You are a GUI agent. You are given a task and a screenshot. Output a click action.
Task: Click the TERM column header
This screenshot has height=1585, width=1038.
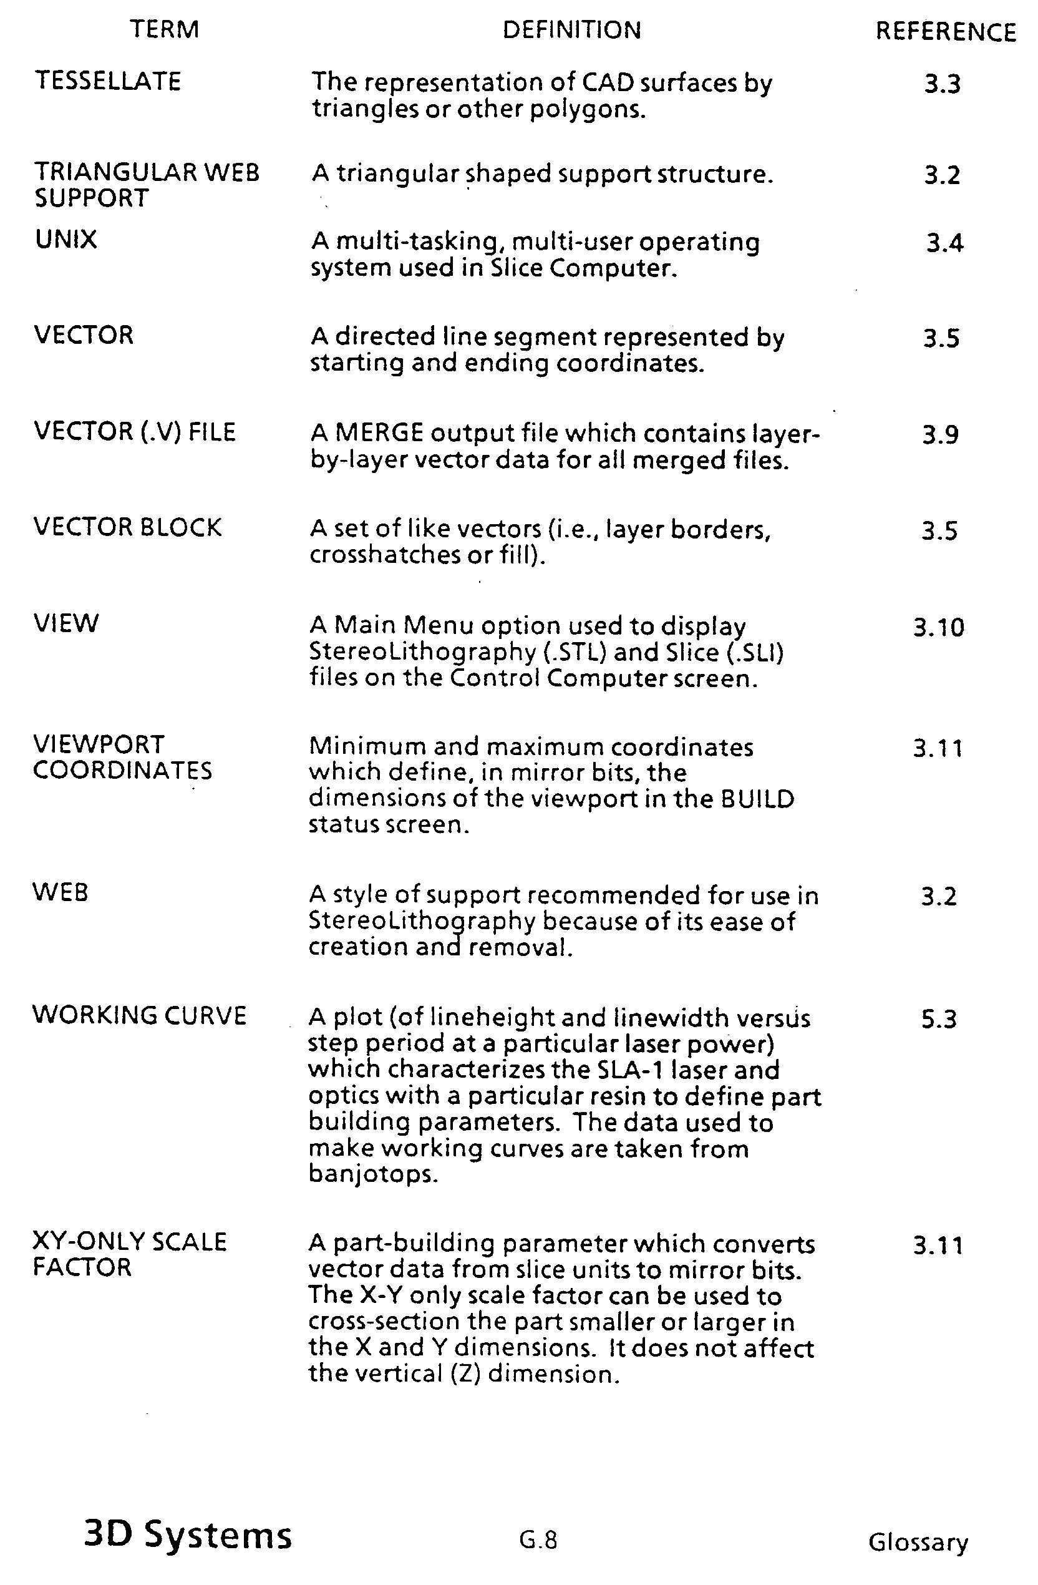pyautogui.click(x=164, y=29)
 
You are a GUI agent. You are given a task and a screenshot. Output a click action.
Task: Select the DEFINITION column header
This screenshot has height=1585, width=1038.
pyautogui.click(x=571, y=30)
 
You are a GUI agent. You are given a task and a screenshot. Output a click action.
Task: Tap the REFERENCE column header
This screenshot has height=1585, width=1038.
pyautogui.click(x=945, y=32)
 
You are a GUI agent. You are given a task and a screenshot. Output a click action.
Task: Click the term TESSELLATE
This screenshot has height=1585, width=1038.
pyautogui.click(x=108, y=81)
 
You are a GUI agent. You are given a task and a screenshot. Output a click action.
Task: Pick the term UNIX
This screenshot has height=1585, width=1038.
pyautogui.click(x=66, y=240)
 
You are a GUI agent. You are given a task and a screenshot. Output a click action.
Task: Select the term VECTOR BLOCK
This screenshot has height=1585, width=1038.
pyautogui.click(x=127, y=527)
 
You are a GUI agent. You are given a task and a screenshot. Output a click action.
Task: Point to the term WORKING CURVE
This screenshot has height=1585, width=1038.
pyautogui.click(x=139, y=1016)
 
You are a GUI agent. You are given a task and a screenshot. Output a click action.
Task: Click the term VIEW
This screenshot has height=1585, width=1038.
pyautogui.click(x=66, y=624)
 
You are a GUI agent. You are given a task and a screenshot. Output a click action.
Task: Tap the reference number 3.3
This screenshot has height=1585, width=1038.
pyautogui.click(x=942, y=85)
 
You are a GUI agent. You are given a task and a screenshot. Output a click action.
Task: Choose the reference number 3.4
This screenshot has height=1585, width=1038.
pyautogui.click(x=944, y=244)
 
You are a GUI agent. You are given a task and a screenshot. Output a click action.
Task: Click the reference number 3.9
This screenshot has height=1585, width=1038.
pyautogui.click(x=940, y=435)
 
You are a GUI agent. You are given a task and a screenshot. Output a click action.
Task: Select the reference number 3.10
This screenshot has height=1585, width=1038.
pyautogui.click(x=938, y=627)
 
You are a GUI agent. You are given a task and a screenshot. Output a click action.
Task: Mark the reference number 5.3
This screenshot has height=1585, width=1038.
pyautogui.click(x=939, y=1019)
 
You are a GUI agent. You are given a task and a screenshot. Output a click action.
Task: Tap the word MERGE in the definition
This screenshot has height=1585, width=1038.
pyautogui.click(x=378, y=434)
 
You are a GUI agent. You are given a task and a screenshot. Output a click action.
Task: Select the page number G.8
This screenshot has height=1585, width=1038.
pyautogui.click(x=538, y=1539)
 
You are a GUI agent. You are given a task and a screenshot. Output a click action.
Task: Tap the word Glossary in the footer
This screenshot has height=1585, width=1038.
pyautogui.click(x=918, y=1542)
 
